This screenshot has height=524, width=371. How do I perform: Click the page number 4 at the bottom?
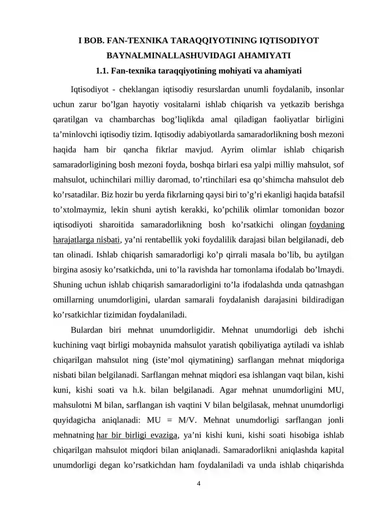(199, 484)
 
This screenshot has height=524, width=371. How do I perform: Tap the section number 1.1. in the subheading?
(103, 71)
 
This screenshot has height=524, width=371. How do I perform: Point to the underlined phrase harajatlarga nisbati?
(87, 240)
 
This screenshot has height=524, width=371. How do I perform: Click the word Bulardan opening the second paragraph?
(90, 330)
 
